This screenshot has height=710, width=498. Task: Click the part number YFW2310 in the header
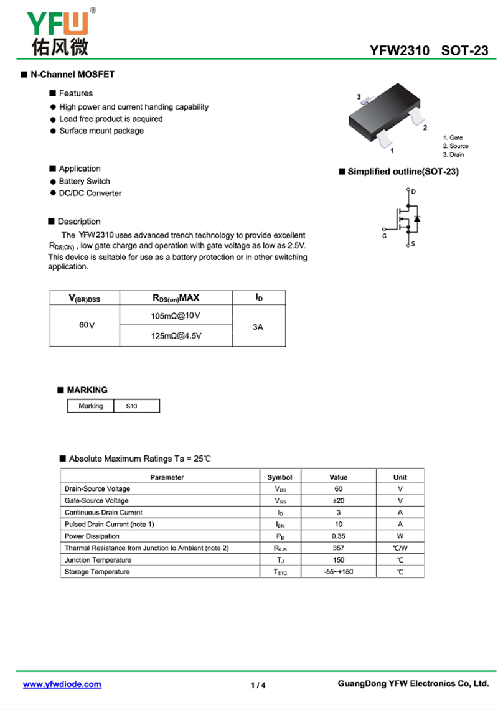[399, 51]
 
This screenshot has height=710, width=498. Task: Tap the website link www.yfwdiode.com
[62, 684]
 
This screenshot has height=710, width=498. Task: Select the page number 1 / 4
[258, 685]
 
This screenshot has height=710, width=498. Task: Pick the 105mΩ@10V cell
[176, 316]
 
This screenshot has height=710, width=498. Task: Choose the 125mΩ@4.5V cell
[176, 335]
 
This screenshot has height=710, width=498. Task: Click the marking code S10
[131, 406]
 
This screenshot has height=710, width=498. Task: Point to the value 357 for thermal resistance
[339, 548]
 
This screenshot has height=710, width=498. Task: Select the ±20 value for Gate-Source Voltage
[339, 500]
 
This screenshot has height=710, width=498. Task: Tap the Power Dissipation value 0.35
[339, 536]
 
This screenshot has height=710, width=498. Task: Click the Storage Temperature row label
[97, 572]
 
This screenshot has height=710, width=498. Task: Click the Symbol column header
[280, 477]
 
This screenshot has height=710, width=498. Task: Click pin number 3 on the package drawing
[359, 96]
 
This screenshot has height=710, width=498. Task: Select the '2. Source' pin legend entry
[456, 146]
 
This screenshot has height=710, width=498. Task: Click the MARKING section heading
[87, 390]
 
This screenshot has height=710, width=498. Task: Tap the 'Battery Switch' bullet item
[84, 181]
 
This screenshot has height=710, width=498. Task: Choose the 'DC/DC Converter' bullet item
[90, 193]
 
